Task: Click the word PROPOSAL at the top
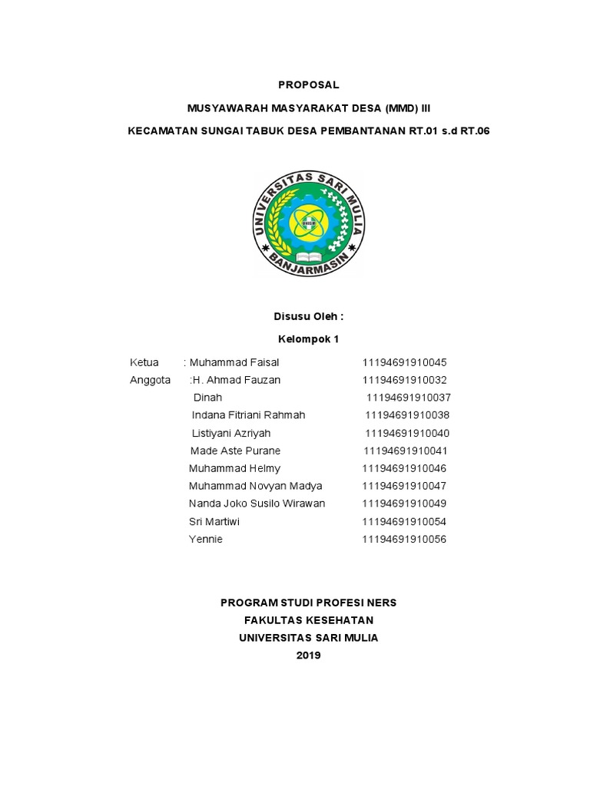coord(308,85)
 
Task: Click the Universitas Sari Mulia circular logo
coord(308,223)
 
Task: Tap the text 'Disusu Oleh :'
coord(308,316)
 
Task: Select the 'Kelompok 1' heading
coord(307,339)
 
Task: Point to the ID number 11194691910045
coord(404,362)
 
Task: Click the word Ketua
coord(144,362)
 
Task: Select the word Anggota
coord(151,380)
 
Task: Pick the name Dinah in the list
coord(207,398)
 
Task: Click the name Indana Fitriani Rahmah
coord(248,415)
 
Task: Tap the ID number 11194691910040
coord(407,433)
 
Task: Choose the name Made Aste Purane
coord(235,451)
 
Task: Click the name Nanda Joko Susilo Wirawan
coord(257,504)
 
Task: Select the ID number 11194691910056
coord(404,539)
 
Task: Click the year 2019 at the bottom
coord(308,655)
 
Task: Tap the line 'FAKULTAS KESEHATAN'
coord(308,620)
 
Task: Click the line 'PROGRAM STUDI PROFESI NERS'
coord(308,603)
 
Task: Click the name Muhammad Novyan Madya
coord(255,486)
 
